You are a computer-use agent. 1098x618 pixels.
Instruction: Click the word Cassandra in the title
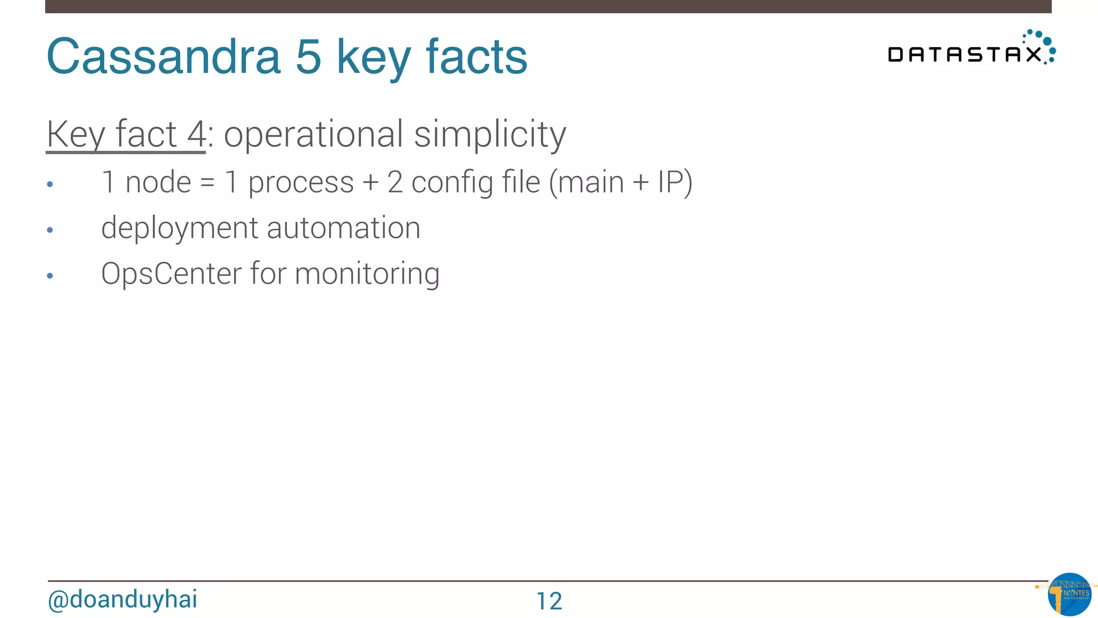[164, 57]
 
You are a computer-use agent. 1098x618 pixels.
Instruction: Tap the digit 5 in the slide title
[308, 57]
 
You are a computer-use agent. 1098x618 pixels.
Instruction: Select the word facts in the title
[477, 57]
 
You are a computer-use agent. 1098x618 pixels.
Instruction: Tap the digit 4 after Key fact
[196, 134]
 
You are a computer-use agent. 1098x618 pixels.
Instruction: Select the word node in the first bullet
[158, 182]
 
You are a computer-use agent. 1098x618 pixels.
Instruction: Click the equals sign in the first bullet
[207, 182]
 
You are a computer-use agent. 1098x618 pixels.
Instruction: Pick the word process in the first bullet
[301, 183]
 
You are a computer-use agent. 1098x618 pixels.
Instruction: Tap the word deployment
[180, 229]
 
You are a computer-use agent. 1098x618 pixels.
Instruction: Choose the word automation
[344, 228]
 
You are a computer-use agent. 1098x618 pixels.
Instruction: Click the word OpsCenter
[171, 274]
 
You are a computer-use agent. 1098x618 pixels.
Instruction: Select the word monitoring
[367, 275]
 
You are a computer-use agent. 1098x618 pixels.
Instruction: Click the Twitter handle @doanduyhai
[123, 599]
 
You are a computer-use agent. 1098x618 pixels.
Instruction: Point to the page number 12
[549, 601]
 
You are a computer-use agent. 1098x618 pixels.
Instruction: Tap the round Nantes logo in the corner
[1069, 594]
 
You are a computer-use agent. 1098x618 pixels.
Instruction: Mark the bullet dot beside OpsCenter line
[50, 276]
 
